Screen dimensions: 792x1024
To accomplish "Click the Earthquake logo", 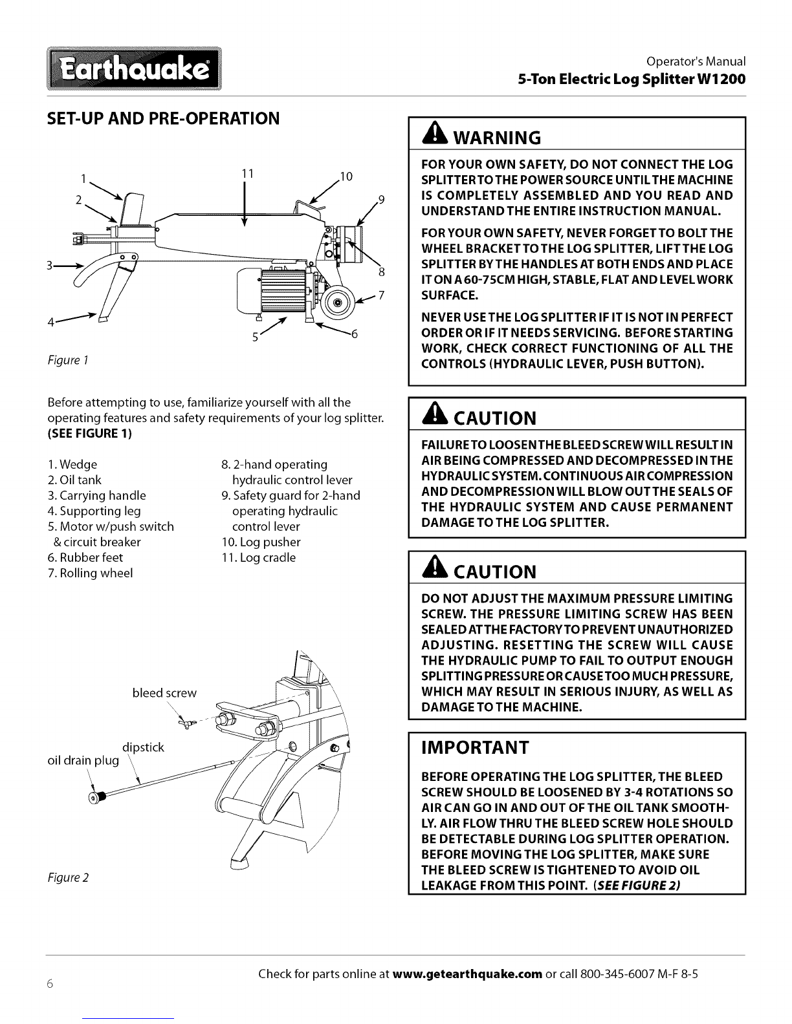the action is pyautogui.click(x=134, y=69).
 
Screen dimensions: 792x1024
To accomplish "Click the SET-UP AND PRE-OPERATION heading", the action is pyautogui.click(x=163, y=119).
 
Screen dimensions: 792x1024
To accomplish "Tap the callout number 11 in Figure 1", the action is pyautogui.click(x=248, y=174).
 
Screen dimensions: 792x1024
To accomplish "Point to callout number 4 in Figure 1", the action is pyautogui.click(x=51, y=323).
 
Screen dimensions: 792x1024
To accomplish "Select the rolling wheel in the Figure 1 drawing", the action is pyautogui.click(x=338, y=302).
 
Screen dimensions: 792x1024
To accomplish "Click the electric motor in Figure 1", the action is pyautogui.click(x=271, y=291).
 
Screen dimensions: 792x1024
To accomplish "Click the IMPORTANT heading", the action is pyautogui.click(x=475, y=748).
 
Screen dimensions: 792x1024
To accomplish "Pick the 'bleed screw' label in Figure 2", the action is pyautogui.click(x=164, y=693).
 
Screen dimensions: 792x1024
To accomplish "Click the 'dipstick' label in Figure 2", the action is pyautogui.click(x=143, y=748).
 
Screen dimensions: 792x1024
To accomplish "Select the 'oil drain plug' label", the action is pyautogui.click(x=83, y=761).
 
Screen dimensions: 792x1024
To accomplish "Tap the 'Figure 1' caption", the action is pyautogui.click(x=68, y=361).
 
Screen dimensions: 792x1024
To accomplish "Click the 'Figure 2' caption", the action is pyautogui.click(x=68, y=877).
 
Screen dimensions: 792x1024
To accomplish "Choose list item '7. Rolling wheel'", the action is pyautogui.click(x=90, y=573).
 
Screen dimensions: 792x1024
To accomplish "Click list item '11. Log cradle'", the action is pyautogui.click(x=258, y=557).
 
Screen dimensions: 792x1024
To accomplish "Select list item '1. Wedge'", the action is pyautogui.click(x=72, y=465).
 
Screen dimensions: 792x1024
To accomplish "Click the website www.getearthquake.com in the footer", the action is pyautogui.click(x=467, y=974).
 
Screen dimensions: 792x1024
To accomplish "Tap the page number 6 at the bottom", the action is pyautogui.click(x=50, y=984).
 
